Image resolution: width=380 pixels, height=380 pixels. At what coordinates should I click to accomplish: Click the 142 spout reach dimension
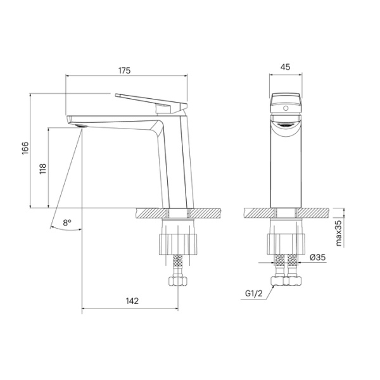(132, 301)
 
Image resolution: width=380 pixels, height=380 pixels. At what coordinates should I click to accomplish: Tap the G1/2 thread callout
(254, 294)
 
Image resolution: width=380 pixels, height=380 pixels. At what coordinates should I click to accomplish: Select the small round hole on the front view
(284, 110)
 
